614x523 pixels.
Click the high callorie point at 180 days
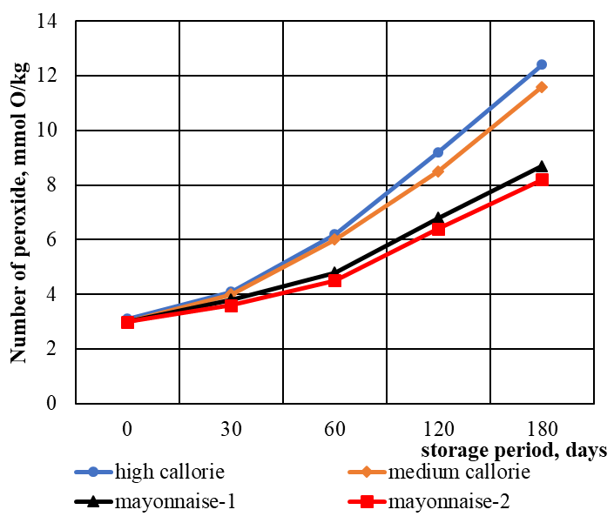(541, 64)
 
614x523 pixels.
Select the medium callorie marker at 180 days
(541, 87)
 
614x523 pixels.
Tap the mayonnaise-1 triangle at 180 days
(541, 166)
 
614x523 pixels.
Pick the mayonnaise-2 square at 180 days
(541, 179)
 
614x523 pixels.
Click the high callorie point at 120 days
(438, 152)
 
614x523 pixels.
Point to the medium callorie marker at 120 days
(438, 171)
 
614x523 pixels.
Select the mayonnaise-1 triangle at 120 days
(438, 218)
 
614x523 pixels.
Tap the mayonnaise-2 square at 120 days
(438, 229)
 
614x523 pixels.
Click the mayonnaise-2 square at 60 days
(334, 280)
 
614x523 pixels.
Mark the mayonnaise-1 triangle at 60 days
(334, 272)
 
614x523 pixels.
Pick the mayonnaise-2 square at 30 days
(231, 305)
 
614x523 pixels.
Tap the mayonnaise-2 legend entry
(444, 501)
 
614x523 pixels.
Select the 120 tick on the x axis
(438, 429)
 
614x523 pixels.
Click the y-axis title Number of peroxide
(19, 212)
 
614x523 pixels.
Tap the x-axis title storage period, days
(514, 451)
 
